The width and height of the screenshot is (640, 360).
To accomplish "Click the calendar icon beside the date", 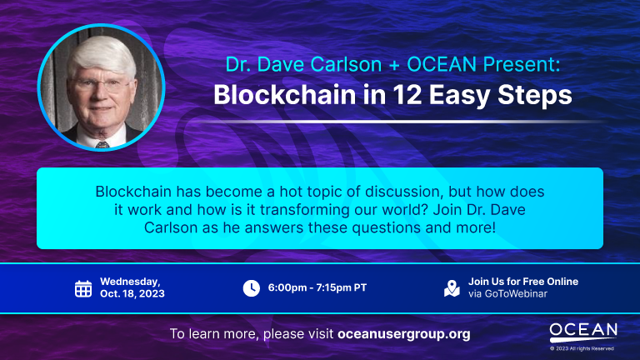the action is [83, 288].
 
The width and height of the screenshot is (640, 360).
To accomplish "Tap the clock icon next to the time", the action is [252, 288].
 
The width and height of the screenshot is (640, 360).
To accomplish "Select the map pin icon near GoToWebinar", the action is [452, 288].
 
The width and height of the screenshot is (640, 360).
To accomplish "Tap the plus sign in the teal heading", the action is [394, 65].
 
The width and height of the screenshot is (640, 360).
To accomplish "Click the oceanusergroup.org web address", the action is [404, 334].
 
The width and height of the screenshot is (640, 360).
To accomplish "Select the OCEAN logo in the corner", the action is [582, 332].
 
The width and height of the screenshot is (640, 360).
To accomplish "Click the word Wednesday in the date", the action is [129, 282].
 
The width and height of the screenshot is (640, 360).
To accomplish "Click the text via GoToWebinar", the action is [507, 294].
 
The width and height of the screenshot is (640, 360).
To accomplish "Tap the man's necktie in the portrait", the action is [102, 144].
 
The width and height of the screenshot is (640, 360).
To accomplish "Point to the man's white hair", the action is [102, 56].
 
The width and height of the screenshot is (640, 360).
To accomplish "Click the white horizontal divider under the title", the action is [398, 122].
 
